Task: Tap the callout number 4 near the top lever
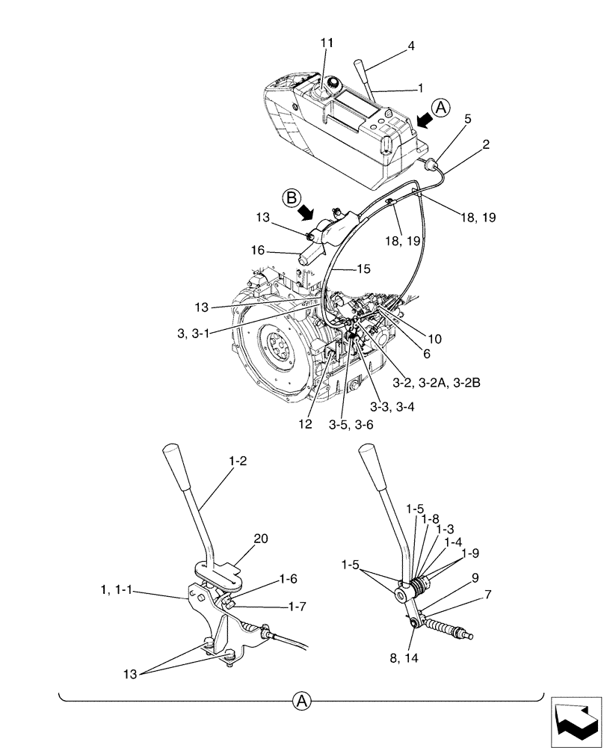click(410, 46)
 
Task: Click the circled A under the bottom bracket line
click(301, 701)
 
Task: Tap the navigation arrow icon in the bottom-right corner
click(576, 721)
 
